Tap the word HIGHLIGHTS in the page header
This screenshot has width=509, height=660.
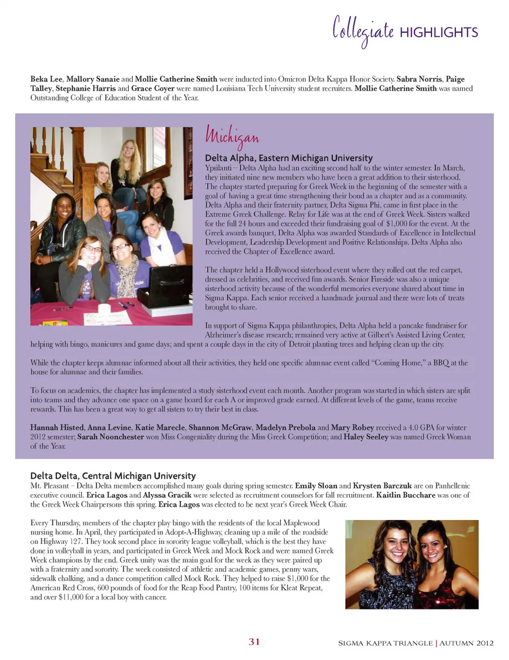(x=438, y=32)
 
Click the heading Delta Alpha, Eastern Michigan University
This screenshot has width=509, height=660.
(x=288, y=157)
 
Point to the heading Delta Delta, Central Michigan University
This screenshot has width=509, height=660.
(x=112, y=476)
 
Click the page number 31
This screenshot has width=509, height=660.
(x=254, y=641)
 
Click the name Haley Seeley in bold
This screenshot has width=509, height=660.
(x=366, y=437)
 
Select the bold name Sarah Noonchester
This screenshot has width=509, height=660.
(x=110, y=437)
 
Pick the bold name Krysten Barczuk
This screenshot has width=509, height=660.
(x=382, y=486)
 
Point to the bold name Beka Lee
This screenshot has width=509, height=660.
(x=46, y=79)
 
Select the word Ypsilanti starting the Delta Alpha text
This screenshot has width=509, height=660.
(x=218, y=168)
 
